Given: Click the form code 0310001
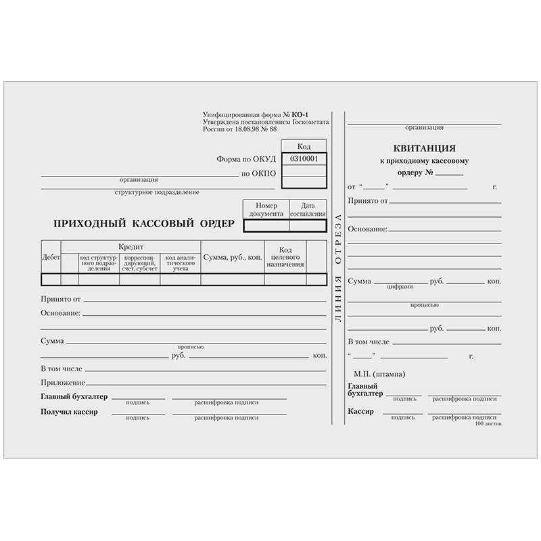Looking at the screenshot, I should click(x=304, y=159).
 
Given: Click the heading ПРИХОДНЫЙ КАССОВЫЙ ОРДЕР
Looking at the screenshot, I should click(x=143, y=223).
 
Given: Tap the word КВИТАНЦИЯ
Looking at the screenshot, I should click(x=424, y=148).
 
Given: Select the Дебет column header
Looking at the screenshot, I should click(x=51, y=258).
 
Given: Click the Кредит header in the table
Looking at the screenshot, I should click(x=131, y=247).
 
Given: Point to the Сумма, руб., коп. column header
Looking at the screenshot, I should click(x=233, y=258).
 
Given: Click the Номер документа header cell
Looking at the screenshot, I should click(x=266, y=209).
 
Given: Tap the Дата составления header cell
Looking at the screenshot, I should click(x=308, y=209).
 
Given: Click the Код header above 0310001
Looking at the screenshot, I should click(x=304, y=146).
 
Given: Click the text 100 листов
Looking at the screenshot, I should click(x=488, y=423).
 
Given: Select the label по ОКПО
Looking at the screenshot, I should click(x=259, y=174).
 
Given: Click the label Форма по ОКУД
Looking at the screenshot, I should click(x=246, y=160).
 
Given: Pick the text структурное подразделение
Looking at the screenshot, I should click(x=157, y=193).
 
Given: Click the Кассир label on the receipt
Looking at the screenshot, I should click(x=360, y=411).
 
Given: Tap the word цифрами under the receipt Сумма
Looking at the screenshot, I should click(x=400, y=287).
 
